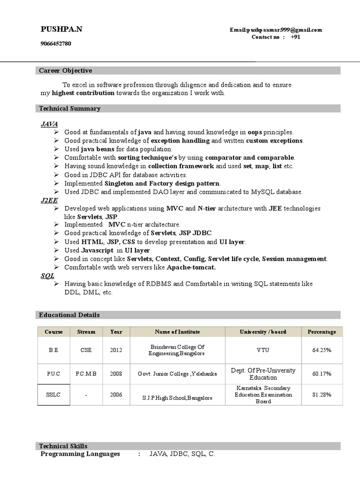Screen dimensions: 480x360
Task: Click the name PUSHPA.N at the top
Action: (61, 30)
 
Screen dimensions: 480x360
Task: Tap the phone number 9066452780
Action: (56, 44)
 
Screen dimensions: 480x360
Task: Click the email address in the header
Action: (276, 30)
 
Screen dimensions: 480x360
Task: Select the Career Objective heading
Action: (66, 71)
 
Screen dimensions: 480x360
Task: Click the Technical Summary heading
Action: (70, 109)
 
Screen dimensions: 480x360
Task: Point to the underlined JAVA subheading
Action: (49, 124)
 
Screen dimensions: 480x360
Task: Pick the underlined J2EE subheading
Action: (49, 200)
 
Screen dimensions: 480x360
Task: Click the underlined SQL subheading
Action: (47, 276)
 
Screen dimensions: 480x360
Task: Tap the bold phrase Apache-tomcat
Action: (189, 267)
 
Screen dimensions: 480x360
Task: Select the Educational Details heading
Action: (69, 315)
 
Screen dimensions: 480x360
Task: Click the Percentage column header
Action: (322, 332)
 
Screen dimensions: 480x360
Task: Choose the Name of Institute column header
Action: (177, 332)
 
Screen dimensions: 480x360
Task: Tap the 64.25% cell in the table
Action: (322, 350)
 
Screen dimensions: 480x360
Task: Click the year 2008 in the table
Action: (116, 374)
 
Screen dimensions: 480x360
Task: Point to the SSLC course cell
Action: (54, 395)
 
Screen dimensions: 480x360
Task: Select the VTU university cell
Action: (262, 350)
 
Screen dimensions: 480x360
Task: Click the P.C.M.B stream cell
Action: (86, 374)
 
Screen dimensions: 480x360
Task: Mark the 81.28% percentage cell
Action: (322, 395)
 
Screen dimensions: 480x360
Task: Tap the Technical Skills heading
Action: (63, 446)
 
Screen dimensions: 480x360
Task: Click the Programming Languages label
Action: (80, 454)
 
